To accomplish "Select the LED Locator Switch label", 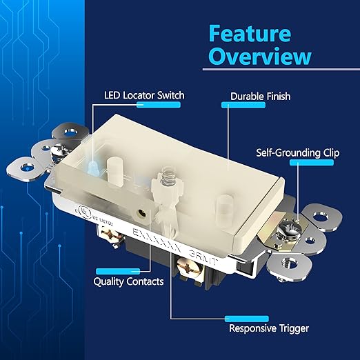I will pyautogui.click(x=144, y=94).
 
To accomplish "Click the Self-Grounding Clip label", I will pyautogui.click(x=297, y=152).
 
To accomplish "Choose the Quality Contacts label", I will pyautogui.click(x=128, y=281).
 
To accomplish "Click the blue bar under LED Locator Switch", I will pyautogui.click(x=159, y=105).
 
